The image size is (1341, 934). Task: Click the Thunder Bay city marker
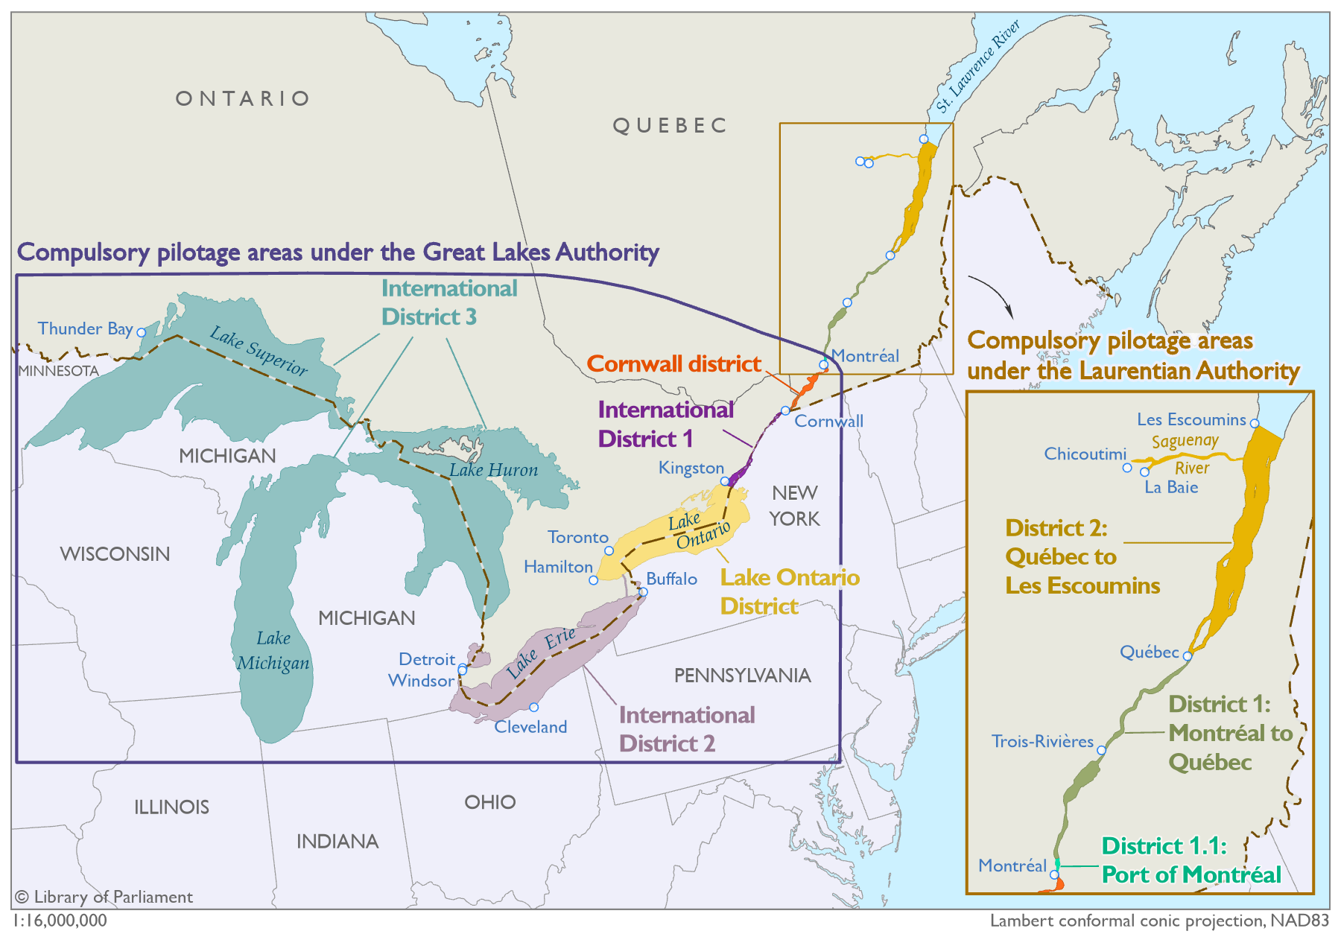tap(141, 332)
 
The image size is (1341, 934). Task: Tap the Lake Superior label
tap(259, 351)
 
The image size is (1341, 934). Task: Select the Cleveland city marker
tap(533, 708)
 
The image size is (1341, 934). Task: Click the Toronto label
tap(577, 537)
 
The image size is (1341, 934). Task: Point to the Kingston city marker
tap(724, 481)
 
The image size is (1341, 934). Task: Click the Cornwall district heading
tap(673, 363)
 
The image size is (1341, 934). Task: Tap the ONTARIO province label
tap(243, 98)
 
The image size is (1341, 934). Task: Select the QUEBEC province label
tap(670, 125)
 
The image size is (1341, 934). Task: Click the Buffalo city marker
tap(643, 592)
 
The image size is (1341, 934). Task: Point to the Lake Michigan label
tap(273, 651)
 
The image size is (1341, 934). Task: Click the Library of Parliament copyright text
tap(104, 897)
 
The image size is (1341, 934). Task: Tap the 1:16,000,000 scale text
tap(60, 921)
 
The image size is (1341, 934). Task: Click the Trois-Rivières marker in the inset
tap(1101, 750)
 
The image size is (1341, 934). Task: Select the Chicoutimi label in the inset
tap(1085, 454)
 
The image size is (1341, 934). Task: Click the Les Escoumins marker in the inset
tap(1255, 423)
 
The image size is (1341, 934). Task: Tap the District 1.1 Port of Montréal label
tap(1191, 860)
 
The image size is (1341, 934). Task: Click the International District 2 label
tap(686, 729)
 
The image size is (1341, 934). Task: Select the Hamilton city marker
tap(593, 580)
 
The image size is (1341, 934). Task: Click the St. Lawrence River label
tap(977, 66)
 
